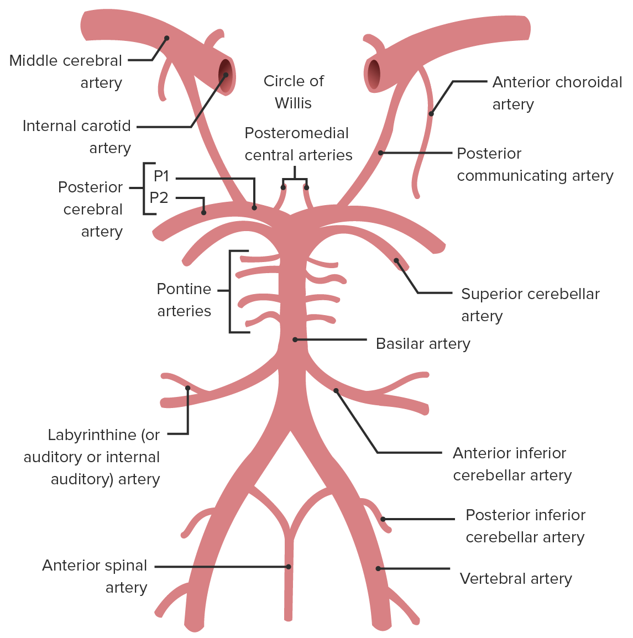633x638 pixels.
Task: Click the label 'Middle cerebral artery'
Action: click(66, 71)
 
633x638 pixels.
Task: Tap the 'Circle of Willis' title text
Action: click(294, 92)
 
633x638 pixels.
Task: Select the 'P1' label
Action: click(161, 176)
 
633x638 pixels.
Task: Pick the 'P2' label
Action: click(159, 198)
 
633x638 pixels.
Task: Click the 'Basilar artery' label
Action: click(423, 344)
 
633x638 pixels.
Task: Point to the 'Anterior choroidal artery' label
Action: click(557, 93)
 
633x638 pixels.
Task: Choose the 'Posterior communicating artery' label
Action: click(535, 164)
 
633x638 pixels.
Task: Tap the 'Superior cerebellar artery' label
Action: click(530, 305)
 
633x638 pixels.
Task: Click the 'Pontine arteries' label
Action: click(184, 300)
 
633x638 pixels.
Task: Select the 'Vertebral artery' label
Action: click(516, 579)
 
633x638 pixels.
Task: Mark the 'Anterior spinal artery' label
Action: click(95, 576)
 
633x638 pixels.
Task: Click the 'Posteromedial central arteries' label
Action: click(298, 144)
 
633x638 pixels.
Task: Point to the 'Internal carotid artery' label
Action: click(77, 137)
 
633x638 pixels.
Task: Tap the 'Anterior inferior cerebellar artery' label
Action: click(512, 464)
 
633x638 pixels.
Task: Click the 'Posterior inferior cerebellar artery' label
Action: click(525, 526)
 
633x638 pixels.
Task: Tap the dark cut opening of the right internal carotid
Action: click(374, 74)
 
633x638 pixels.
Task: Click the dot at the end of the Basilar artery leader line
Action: click(295, 339)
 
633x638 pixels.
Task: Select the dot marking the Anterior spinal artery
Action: click(289, 567)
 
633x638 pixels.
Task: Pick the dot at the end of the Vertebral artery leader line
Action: click(379, 568)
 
